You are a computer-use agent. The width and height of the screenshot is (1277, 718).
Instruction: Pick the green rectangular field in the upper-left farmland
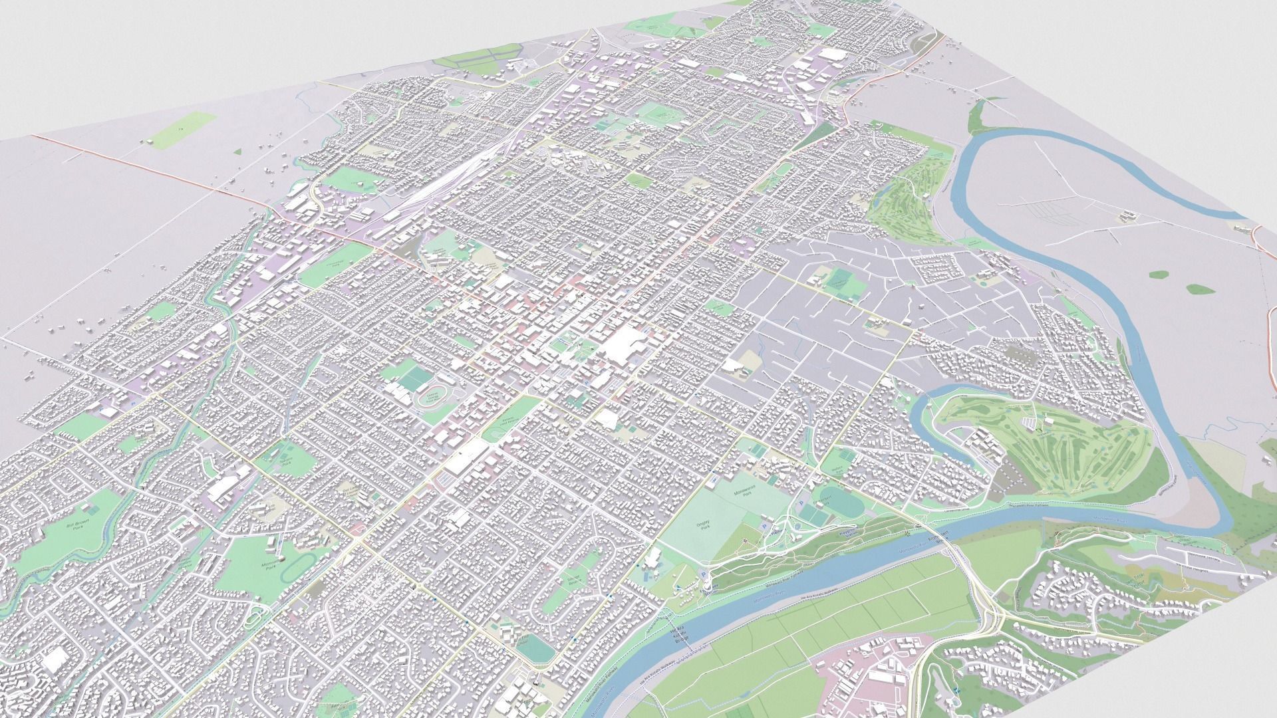[181, 128]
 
